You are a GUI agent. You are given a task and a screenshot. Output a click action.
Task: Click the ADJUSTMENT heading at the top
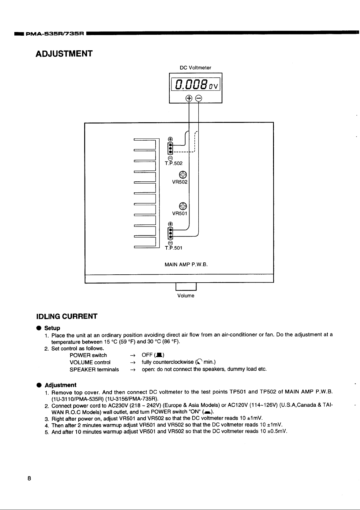point(64,54)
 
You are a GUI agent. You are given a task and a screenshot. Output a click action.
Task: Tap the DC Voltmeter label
point(195,67)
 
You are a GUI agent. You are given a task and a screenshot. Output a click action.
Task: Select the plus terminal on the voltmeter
point(189,98)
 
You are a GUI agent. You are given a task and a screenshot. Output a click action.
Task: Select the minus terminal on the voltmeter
point(198,98)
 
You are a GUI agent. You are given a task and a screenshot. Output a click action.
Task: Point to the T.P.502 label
point(173,163)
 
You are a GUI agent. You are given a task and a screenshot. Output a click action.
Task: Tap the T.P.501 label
point(173,248)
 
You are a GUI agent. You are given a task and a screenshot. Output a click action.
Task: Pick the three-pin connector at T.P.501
point(171,233)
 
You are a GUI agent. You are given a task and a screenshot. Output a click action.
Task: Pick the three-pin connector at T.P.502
point(171,148)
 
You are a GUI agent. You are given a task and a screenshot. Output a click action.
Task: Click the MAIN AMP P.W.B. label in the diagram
point(186,265)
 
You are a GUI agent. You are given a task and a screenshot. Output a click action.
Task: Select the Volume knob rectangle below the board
point(186,287)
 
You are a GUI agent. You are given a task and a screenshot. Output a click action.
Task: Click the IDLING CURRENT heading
point(67,316)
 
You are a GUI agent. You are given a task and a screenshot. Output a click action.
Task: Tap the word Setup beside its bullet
point(52,328)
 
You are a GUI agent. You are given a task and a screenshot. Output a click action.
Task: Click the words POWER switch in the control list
point(88,355)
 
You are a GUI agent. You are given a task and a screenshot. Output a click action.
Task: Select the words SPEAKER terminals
point(94,369)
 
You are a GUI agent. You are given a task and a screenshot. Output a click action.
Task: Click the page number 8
point(29,478)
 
